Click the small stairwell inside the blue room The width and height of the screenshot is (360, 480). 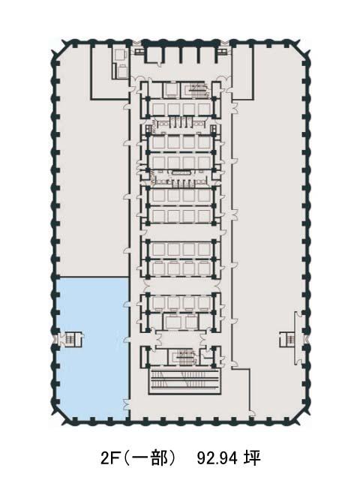point(71,339)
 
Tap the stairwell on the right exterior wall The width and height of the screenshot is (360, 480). point(288,339)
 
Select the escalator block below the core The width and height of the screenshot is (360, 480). point(184,380)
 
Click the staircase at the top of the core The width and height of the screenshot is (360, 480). point(196,89)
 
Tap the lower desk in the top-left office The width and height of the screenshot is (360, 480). point(119,72)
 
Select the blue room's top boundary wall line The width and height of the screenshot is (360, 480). point(92,277)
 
